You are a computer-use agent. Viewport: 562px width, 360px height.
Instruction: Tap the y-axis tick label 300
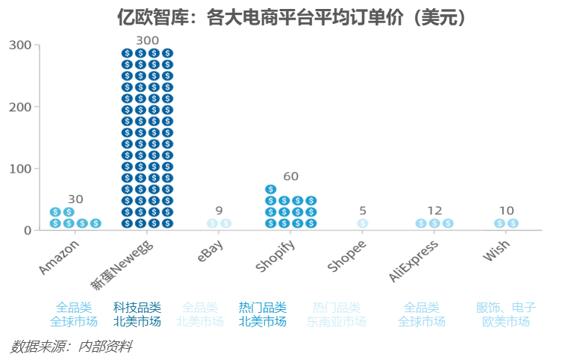pyautogui.click(x=20, y=45)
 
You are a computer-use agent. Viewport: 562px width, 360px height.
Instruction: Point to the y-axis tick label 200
pyautogui.click(x=20, y=107)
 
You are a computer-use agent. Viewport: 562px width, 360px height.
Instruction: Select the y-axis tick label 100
pyautogui.click(x=20, y=169)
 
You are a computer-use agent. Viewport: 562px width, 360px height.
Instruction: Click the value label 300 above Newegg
pyautogui.click(x=148, y=40)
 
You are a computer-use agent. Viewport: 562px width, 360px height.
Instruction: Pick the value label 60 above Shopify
pyautogui.click(x=291, y=177)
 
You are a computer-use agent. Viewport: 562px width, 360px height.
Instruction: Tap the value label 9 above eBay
pyautogui.click(x=219, y=211)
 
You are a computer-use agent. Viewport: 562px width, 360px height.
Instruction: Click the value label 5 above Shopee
pyautogui.click(x=363, y=211)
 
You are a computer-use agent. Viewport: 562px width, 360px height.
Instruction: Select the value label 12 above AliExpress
pyautogui.click(x=434, y=211)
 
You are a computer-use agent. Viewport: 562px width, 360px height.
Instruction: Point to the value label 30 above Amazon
pyautogui.click(x=75, y=199)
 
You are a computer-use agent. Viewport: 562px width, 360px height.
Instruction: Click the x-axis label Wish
pyautogui.click(x=497, y=252)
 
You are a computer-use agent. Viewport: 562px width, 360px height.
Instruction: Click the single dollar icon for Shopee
pyautogui.click(x=363, y=223)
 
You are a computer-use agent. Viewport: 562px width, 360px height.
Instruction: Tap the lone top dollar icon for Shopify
pyautogui.click(x=270, y=189)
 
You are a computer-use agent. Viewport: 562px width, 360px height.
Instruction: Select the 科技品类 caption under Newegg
pyautogui.click(x=137, y=308)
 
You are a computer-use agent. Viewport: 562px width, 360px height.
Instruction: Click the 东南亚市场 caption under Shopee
pyautogui.click(x=336, y=322)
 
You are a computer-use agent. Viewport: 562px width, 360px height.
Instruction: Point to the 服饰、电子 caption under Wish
pyautogui.click(x=506, y=308)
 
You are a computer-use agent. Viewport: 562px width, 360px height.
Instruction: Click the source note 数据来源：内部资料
pyautogui.click(x=72, y=347)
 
